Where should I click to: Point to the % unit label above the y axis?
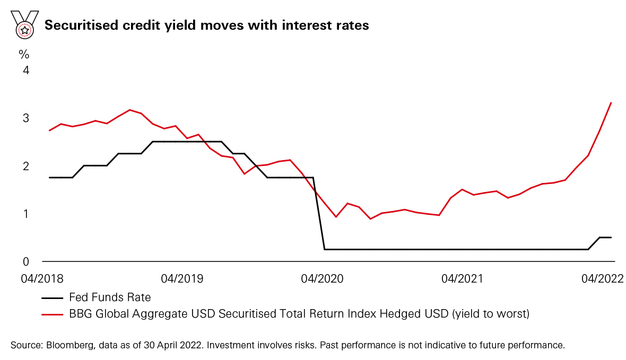point(24,54)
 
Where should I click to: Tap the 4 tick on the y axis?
point(24,71)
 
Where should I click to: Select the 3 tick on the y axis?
point(24,118)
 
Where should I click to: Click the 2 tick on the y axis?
point(24,166)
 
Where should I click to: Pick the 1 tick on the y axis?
point(24,214)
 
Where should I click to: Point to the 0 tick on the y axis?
point(24,261)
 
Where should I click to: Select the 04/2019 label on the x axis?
point(182,278)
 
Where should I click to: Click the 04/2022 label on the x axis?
point(601,278)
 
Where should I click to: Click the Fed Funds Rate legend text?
point(110,297)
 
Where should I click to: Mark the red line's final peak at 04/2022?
point(611,103)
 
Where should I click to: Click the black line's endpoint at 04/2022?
point(611,238)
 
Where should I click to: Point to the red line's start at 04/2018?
point(49,130)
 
